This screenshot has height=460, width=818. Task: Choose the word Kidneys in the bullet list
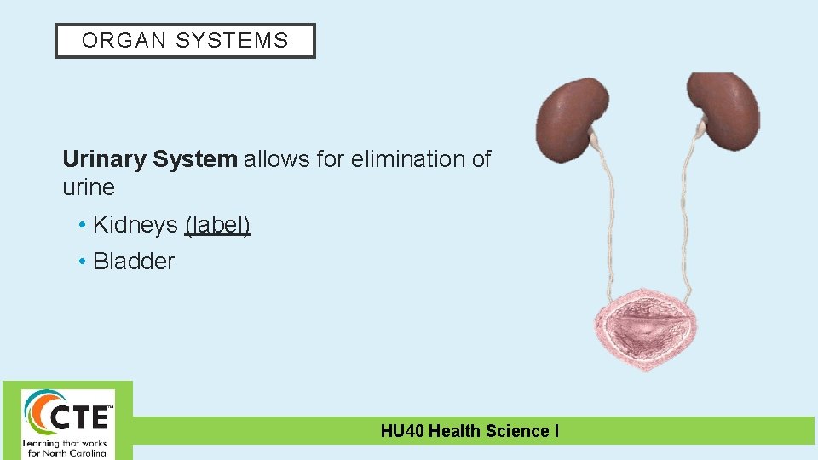(136, 225)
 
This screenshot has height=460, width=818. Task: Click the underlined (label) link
(217, 225)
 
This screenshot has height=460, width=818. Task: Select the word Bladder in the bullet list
(134, 262)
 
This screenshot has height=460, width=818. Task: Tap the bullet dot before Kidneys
(82, 226)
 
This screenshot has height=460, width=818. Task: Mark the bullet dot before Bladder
(82, 262)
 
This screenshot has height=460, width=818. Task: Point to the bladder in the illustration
(646, 327)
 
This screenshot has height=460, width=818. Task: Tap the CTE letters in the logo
(81, 417)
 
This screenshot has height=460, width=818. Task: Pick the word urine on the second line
(89, 187)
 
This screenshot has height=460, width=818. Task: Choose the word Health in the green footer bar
(454, 431)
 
